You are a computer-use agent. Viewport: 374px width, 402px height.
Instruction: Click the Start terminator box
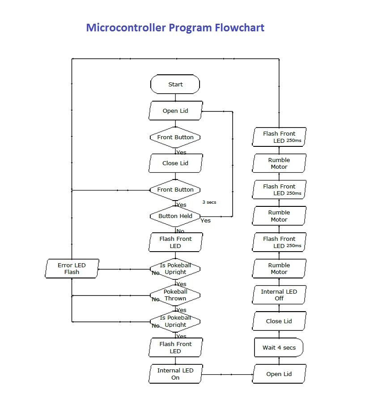coord(175,84)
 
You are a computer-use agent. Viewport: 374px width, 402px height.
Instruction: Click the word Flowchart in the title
coord(239,28)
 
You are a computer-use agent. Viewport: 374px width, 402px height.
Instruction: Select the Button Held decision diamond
coord(175,216)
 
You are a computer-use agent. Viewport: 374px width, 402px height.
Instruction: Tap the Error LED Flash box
coord(72,269)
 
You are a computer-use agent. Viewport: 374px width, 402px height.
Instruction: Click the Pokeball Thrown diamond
coord(175,295)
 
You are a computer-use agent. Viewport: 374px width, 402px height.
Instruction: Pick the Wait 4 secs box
coord(279,348)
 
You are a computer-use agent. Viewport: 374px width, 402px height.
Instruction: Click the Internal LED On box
coord(175,374)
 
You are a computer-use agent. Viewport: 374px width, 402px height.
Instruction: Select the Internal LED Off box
coord(279,295)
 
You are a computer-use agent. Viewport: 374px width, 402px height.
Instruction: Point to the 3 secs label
coord(209,202)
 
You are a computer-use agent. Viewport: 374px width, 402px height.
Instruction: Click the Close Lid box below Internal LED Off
coord(279,321)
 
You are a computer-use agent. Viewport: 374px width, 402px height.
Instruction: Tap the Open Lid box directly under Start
coord(175,111)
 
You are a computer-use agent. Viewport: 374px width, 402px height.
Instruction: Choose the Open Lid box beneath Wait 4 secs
coord(279,374)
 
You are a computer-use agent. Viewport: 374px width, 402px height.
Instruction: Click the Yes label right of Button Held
coord(205,221)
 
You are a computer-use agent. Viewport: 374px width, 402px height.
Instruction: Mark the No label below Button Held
coord(180,231)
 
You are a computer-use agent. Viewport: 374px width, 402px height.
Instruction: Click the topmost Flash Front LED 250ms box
coord(279,137)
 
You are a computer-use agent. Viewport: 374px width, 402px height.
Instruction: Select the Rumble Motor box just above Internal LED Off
coord(279,269)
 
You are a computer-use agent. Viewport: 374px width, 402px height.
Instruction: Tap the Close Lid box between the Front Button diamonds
coord(175,163)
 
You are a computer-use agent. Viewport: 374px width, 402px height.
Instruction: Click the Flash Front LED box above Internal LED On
coord(175,347)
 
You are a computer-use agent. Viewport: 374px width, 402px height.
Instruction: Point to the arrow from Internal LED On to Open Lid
coord(228,374)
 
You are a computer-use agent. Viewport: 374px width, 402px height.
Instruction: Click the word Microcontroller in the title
coord(126,28)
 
